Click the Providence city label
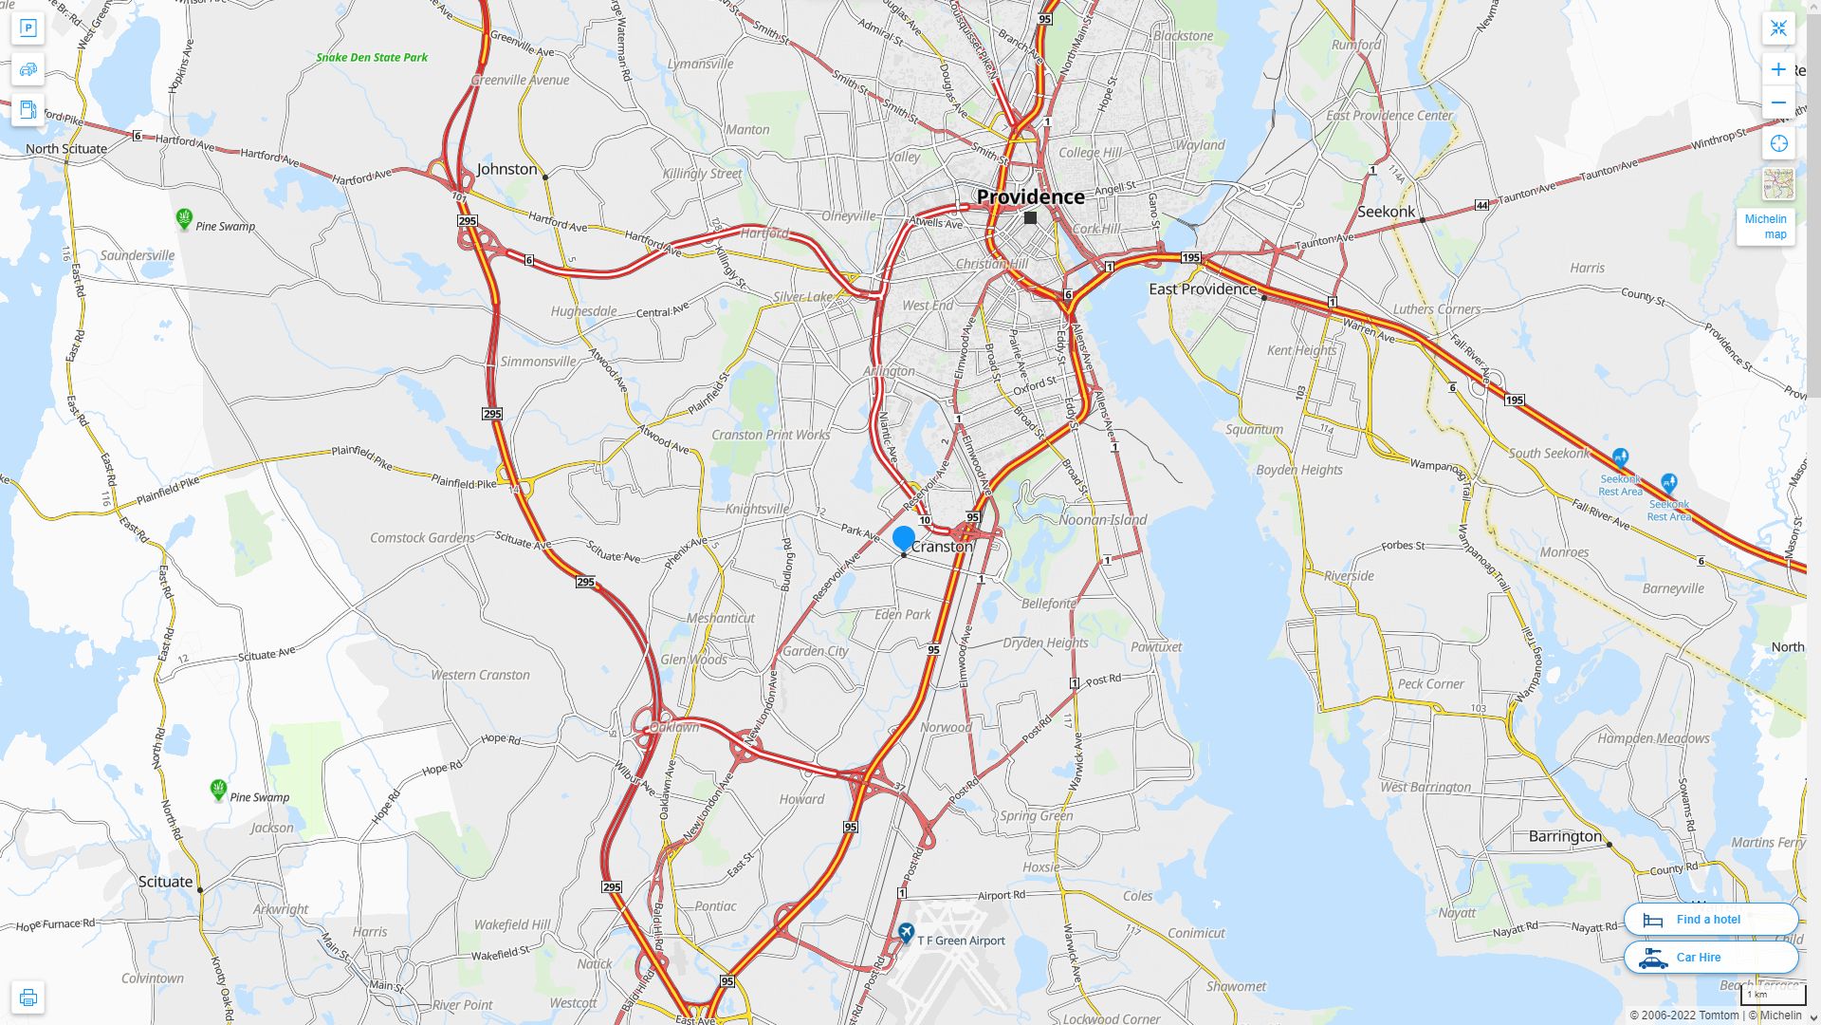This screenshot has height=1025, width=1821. pyautogui.click(x=1030, y=196)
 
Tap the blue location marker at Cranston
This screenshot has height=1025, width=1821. pyautogui.click(x=904, y=539)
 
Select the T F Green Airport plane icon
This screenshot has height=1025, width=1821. pyautogui.click(x=906, y=934)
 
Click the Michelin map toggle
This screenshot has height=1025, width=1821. pyautogui.click(x=1765, y=226)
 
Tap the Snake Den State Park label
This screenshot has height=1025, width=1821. pyautogui.click(x=372, y=57)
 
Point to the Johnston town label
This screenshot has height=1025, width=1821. pyautogui.click(x=506, y=169)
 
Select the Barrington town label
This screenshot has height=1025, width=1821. pyautogui.click(x=1565, y=836)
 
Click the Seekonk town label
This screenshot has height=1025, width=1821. pyautogui.click(x=1386, y=212)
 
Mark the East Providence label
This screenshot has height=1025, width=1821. pyautogui.click(x=1203, y=289)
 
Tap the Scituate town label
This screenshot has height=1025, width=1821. pyautogui.click(x=166, y=881)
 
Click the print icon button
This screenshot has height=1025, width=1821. pyautogui.click(x=28, y=997)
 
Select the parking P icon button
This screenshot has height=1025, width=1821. pyautogui.click(x=28, y=28)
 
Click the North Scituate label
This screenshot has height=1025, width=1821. pyautogui.click(x=66, y=148)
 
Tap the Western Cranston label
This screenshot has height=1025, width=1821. pyautogui.click(x=480, y=675)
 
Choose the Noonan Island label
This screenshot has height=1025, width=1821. pyautogui.click(x=1102, y=519)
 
